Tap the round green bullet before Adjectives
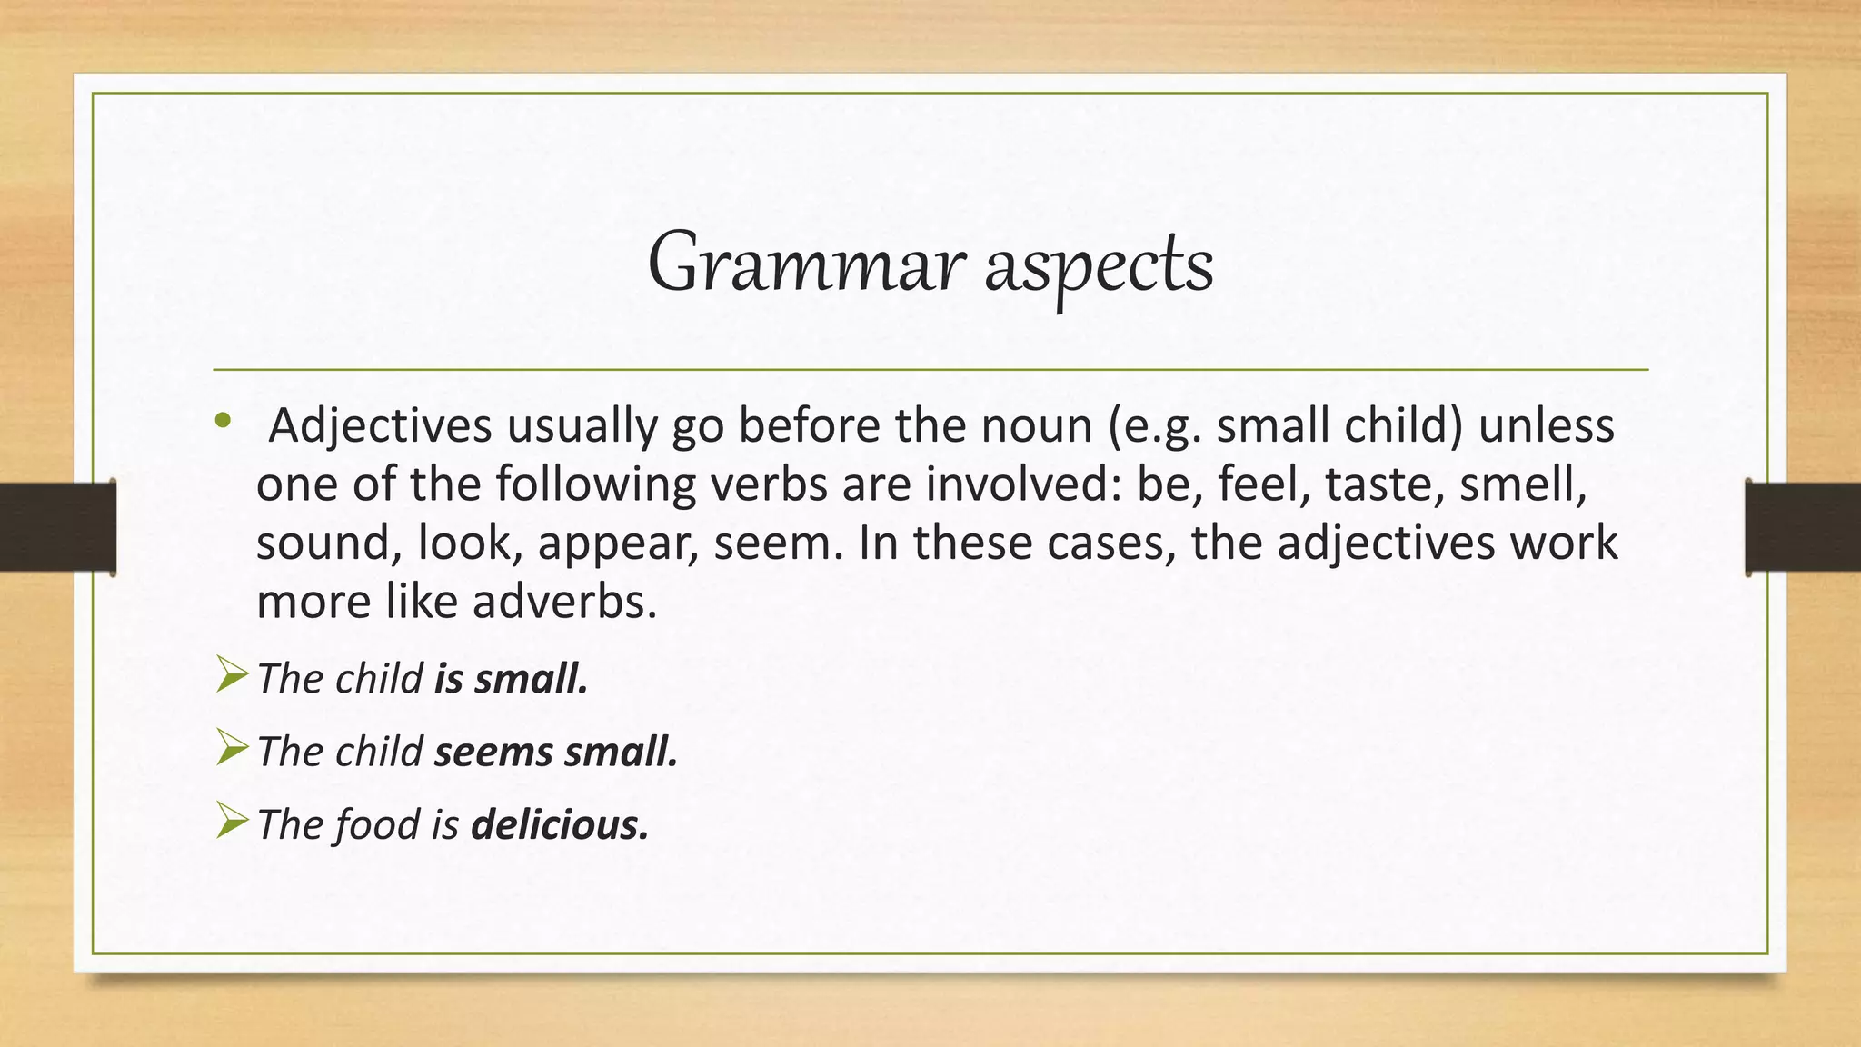pos(223,420)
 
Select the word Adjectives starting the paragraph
pos(381,425)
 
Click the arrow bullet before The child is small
pos(232,677)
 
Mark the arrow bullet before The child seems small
pos(232,750)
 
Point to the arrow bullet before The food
pos(232,823)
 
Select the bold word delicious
pos(560,825)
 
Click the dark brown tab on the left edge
pos(57,527)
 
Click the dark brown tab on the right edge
pos(1803,527)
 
